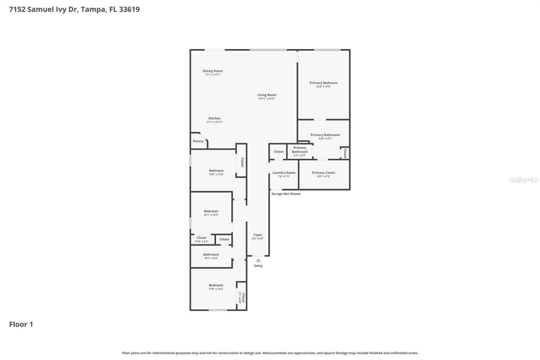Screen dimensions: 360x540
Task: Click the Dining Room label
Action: pos(213,71)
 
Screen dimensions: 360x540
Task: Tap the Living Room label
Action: pos(267,95)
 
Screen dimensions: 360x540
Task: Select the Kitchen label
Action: pos(214,118)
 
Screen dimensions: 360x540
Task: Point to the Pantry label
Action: pos(198,141)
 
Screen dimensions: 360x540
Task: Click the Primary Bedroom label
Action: pos(324,83)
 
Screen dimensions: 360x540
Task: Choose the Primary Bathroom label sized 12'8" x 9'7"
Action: pos(325,135)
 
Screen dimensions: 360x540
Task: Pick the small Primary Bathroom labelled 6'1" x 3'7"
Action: pos(300,150)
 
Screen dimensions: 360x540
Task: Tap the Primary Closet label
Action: pos(324,173)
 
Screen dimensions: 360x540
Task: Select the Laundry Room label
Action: pos(284,173)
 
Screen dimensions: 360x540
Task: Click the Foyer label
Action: pos(258,235)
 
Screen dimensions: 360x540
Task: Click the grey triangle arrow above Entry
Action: pos(258,260)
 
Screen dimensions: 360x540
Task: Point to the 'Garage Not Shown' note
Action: pos(286,194)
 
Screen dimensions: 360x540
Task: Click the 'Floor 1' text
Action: pos(21,325)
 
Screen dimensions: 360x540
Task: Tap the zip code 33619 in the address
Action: pos(130,9)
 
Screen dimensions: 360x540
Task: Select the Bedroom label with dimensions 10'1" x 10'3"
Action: pos(211,211)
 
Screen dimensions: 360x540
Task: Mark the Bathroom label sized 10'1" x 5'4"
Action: pos(211,254)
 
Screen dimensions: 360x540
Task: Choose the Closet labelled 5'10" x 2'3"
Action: pos(202,238)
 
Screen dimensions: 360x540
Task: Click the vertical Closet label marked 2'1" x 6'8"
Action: pos(243,298)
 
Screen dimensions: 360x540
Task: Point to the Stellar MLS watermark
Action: pos(524,180)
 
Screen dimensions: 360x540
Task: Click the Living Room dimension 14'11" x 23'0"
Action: pos(267,99)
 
